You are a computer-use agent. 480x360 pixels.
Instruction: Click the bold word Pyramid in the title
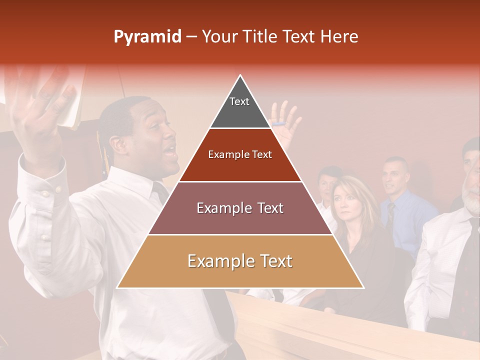click(147, 37)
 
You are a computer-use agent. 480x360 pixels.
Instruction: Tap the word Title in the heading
click(260, 36)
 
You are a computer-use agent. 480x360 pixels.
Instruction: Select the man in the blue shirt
click(400, 200)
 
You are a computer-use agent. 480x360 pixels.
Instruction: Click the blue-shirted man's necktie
click(390, 215)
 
